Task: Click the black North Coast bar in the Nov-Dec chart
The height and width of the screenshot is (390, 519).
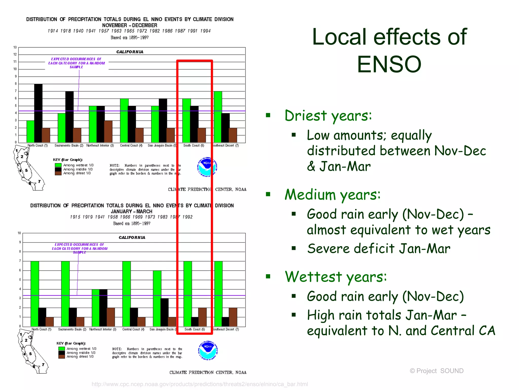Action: click(x=38, y=113)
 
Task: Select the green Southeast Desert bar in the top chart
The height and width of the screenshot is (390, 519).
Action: click(x=218, y=117)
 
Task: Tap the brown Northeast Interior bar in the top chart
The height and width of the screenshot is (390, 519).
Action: click(x=108, y=131)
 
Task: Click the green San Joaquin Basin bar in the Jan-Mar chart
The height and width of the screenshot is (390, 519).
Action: click(x=157, y=298)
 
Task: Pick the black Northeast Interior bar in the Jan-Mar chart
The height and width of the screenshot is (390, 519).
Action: click(x=103, y=308)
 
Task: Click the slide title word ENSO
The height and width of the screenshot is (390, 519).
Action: click(x=389, y=64)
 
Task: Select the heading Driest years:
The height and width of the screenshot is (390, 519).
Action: click(x=328, y=116)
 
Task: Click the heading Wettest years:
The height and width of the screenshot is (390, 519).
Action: click(x=336, y=277)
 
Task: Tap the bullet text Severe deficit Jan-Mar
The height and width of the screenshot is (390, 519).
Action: click(x=379, y=248)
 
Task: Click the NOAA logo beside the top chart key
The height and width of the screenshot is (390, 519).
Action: click(x=207, y=167)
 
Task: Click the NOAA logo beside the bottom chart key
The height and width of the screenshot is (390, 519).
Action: click(x=208, y=350)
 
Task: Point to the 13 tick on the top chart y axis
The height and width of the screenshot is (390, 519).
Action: click(x=15, y=47)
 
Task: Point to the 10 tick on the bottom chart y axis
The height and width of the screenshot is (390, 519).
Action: click(x=19, y=233)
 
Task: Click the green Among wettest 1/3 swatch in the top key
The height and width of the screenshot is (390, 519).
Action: click(x=58, y=165)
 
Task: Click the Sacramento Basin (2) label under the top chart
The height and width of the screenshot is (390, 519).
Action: click(x=69, y=145)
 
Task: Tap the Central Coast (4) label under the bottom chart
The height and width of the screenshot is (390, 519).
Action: click(x=133, y=329)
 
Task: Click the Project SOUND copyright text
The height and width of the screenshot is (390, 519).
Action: click(x=436, y=371)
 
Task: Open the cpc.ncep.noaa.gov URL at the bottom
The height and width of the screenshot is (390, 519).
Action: click(x=200, y=384)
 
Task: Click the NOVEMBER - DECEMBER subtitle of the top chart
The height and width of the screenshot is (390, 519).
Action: click(x=129, y=25)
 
